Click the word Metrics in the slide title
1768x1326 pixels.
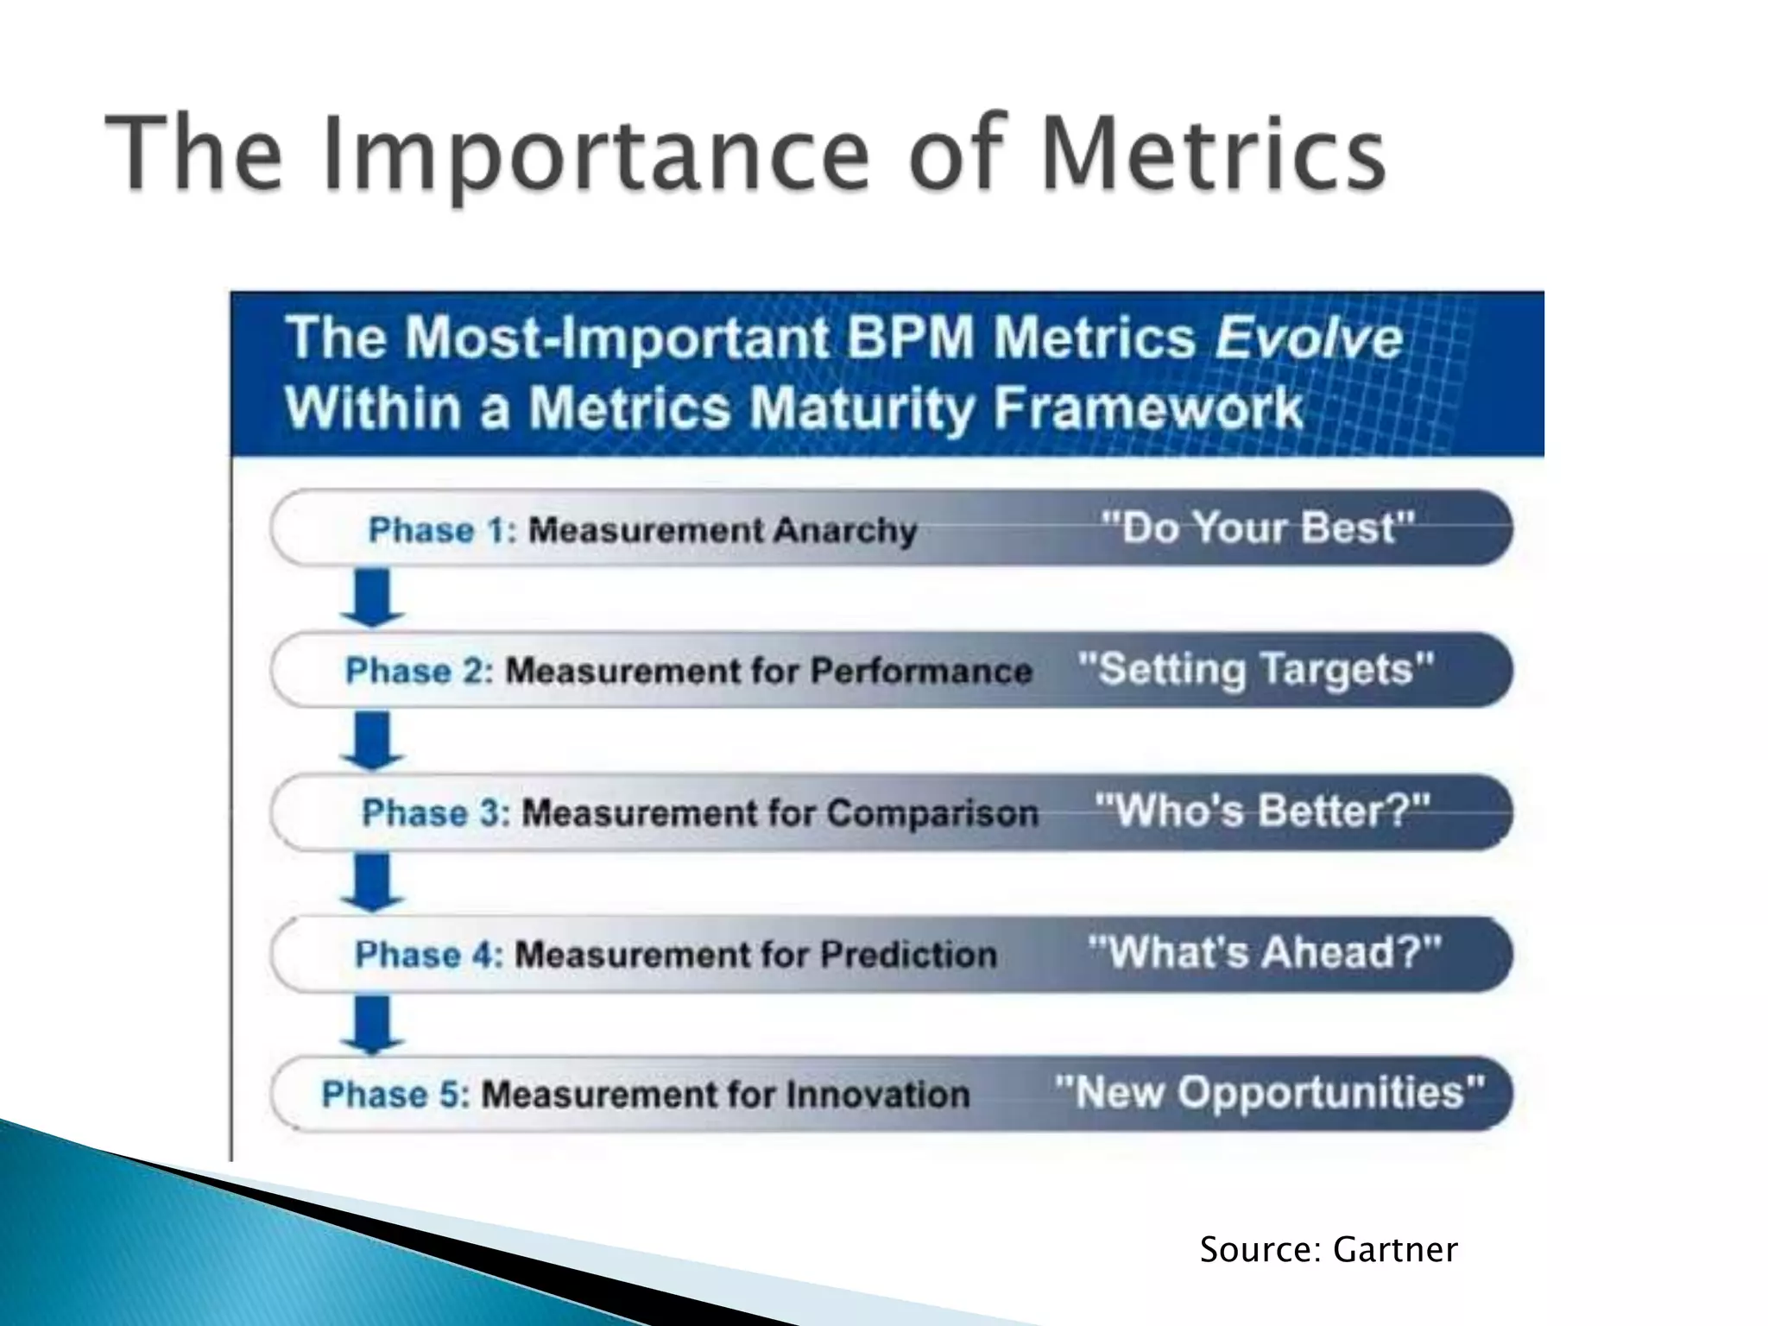(1212, 154)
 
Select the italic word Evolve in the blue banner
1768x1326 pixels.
(1309, 338)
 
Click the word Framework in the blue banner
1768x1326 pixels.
(1148, 407)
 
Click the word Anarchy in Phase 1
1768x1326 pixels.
(844, 530)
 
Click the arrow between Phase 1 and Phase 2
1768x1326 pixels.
(372, 597)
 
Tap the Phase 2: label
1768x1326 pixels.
(420, 671)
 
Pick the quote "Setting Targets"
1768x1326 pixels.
(1255, 669)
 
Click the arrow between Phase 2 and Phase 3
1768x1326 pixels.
(372, 740)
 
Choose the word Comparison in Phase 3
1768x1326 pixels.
(932, 813)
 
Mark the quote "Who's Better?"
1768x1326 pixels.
(1262, 811)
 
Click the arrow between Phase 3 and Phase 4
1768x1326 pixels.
(372, 882)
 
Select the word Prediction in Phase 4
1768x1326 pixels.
(908, 955)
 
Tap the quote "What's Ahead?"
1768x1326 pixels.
(1264, 952)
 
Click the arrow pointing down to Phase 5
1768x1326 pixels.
(372, 1024)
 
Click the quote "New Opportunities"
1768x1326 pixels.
(1269, 1093)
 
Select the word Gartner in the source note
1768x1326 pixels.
(1395, 1250)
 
